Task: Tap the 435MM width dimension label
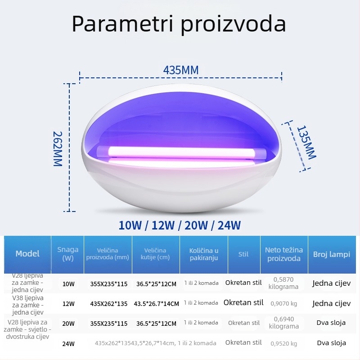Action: [x=180, y=70]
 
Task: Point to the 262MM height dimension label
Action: [x=58, y=148]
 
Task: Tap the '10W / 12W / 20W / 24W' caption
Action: [x=180, y=225]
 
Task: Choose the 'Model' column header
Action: [x=27, y=254]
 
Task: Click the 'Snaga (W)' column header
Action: [x=68, y=254]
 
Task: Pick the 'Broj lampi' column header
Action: [x=332, y=254]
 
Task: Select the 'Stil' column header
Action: [x=243, y=254]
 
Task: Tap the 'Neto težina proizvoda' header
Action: [x=283, y=254]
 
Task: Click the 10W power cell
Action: [x=68, y=284]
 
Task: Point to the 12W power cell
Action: [x=68, y=303]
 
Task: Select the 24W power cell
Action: [x=68, y=344]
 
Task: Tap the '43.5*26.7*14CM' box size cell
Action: [x=156, y=303]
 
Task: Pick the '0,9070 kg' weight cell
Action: [x=283, y=304]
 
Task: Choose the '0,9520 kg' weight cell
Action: [x=283, y=344]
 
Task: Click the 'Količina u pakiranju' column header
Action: [x=204, y=254]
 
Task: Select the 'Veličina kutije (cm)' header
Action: [x=155, y=254]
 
